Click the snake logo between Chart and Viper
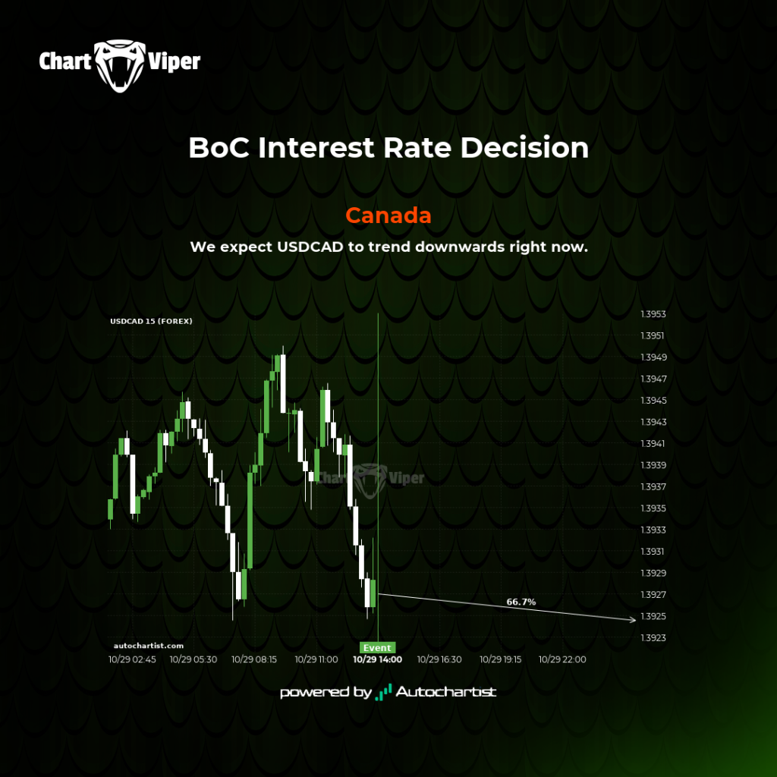[119, 65]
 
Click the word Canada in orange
[388, 215]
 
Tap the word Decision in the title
[524, 148]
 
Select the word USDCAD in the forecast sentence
[310, 247]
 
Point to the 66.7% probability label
[521, 602]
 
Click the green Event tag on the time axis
[377, 648]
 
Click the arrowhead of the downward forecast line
[632, 619]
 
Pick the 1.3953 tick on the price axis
[653, 314]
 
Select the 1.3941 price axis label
[653, 443]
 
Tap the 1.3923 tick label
[653, 637]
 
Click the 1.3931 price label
[652, 552]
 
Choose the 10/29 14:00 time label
[377, 659]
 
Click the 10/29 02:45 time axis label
[132, 659]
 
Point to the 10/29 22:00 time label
[562, 659]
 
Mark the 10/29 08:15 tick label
[253, 659]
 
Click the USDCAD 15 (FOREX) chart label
[151, 321]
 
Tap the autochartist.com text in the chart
[149, 646]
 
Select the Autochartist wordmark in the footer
[446, 692]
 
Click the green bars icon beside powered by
[383, 692]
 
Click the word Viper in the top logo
[174, 62]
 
